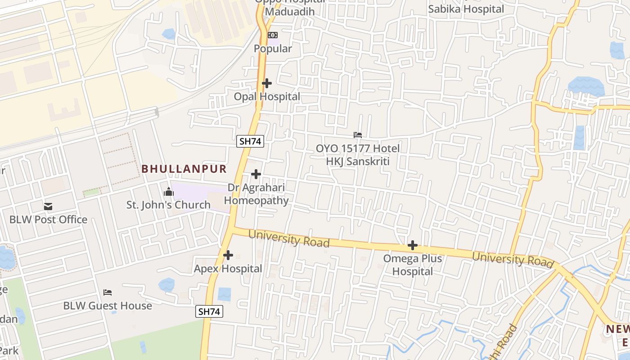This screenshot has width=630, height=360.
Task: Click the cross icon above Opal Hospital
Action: point(267,83)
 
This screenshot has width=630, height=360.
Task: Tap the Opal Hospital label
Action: point(267,97)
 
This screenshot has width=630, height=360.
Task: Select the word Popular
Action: point(273,49)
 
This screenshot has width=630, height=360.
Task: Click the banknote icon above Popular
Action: point(273,35)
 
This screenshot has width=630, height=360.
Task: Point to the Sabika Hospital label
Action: point(466,9)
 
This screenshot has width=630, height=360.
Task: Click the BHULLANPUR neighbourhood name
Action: point(184,169)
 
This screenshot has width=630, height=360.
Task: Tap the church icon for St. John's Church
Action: point(169,192)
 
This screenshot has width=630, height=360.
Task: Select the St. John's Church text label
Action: point(168,205)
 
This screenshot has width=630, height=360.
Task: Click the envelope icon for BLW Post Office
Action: point(48,207)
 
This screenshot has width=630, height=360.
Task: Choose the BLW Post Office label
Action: point(49,220)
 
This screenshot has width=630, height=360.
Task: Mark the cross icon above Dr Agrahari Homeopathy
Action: point(256,174)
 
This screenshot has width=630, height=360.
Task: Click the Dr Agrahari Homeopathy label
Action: point(256,194)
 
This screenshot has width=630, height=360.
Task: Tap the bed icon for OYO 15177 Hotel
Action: point(358,135)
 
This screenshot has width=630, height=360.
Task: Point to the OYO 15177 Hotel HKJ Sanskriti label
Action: point(358,155)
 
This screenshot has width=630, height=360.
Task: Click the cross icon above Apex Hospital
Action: point(228,255)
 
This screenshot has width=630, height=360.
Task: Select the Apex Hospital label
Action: point(228,269)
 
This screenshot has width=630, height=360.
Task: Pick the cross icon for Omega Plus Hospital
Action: point(412,245)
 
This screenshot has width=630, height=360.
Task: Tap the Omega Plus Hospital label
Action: point(412,265)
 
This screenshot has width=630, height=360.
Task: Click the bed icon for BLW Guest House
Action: point(108,292)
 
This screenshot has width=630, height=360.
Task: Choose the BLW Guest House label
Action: point(108,306)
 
